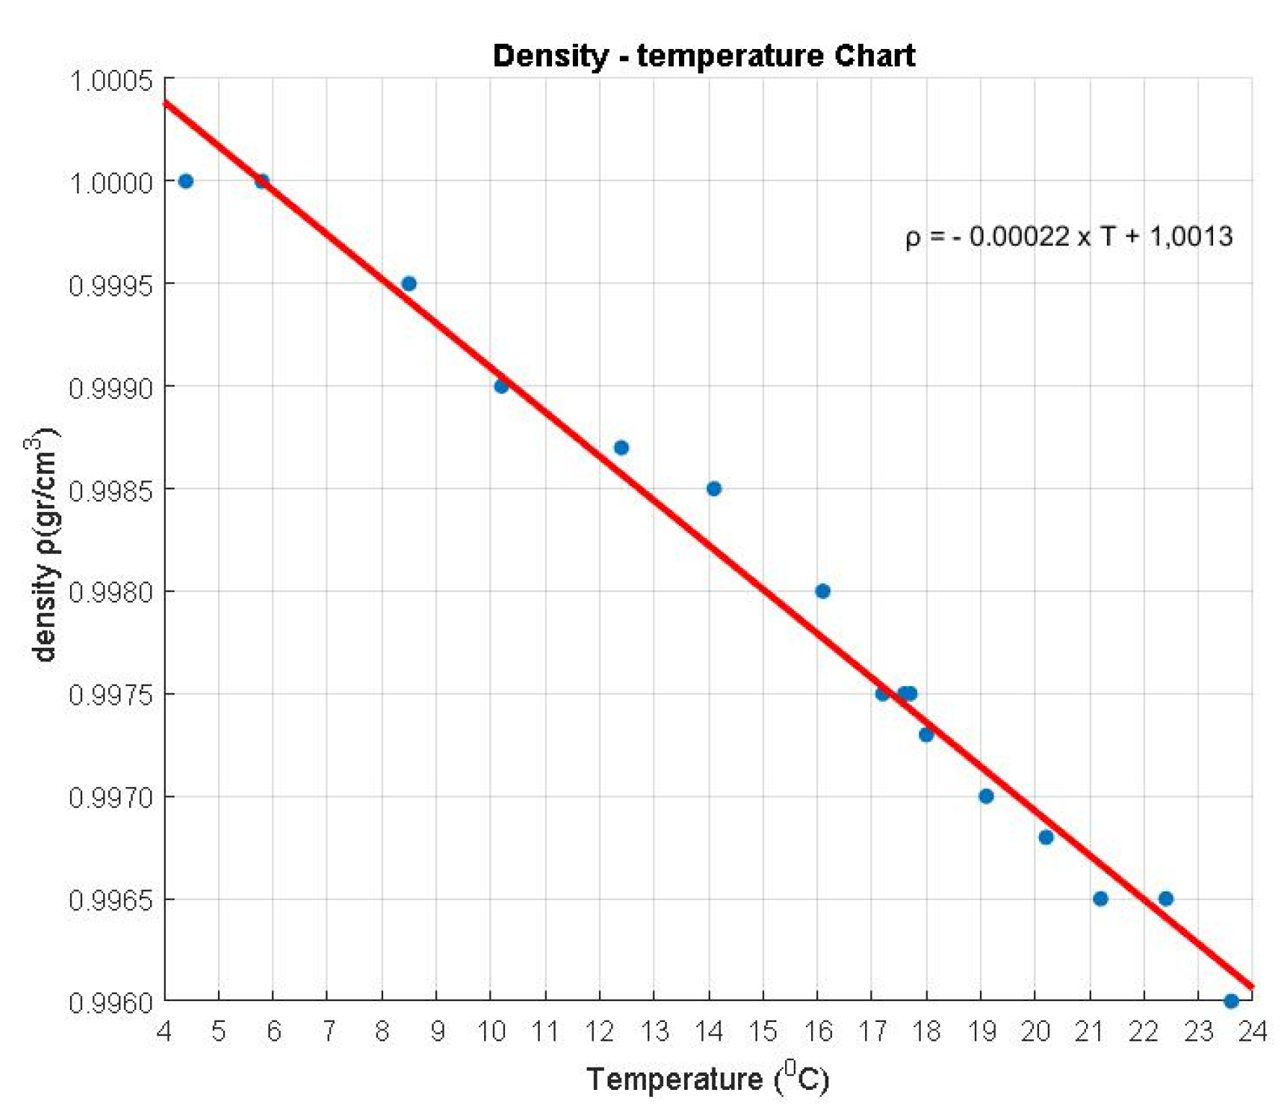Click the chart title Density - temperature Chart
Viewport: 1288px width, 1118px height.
pyautogui.click(x=704, y=56)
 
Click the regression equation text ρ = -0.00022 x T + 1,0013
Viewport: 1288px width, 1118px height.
pyautogui.click(x=1069, y=237)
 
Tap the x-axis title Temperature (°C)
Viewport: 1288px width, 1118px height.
pyautogui.click(x=708, y=1079)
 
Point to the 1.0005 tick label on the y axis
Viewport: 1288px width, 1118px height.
pyautogui.click(x=111, y=80)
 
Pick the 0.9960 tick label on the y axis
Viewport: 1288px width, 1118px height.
pyautogui.click(x=111, y=1003)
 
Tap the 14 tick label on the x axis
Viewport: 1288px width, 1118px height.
pyautogui.click(x=709, y=1031)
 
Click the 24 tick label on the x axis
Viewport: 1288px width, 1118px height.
pyautogui.click(x=1253, y=1031)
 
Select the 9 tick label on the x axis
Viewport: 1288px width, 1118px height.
pyautogui.click(x=437, y=1031)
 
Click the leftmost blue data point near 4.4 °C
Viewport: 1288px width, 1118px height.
pyautogui.click(x=186, y=181)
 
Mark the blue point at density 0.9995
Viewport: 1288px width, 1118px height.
pyautogui.click(x=409, y=283)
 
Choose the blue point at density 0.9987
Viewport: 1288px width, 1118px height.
pyautogui.click(x=621, y=448)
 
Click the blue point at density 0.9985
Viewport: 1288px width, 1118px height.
pyautogui.click(x=714, y=489)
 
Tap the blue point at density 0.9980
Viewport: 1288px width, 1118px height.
pyautogui.click(x=823, y=591)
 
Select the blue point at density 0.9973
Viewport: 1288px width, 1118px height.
pyautogui.click(x=926, y=734)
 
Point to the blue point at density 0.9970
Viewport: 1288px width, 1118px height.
pyautogui.click(x=986, y=796)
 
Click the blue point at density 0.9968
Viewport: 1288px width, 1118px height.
pyautogui.click(x=1046, y=837)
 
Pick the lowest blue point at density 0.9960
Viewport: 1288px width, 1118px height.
pyautogui.click(x=1232, y=1001)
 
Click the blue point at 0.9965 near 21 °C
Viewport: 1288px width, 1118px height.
pyautogui.click(x=1100, y=899)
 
